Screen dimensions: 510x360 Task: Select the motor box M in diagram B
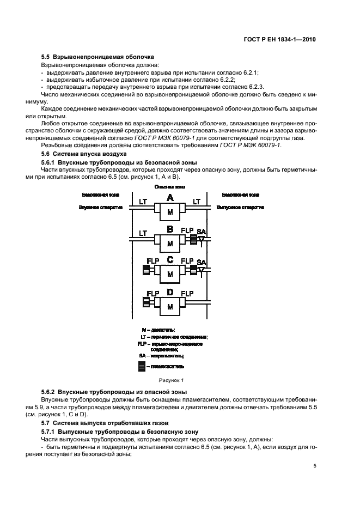point(170,243)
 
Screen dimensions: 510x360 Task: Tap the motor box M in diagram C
point(170,274)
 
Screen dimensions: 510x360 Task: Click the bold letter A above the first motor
point(170,197)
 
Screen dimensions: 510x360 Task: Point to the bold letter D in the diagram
point(170,293)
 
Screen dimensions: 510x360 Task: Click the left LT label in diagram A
point(143,202)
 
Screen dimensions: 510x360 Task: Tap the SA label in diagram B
point(202,231)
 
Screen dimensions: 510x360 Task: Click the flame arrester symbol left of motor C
point(146,269)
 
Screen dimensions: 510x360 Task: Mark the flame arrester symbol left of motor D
point(146,301)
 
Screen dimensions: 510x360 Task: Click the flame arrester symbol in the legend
point(142,366)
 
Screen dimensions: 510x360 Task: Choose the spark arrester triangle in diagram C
point(202,270)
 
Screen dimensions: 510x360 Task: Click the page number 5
point(315,466)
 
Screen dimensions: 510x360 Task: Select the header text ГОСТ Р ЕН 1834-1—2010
point(280,40)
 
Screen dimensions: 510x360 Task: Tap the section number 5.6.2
point(49,392)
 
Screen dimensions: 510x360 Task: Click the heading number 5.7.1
point(49,430)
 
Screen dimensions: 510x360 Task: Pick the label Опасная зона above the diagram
point(170,186)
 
